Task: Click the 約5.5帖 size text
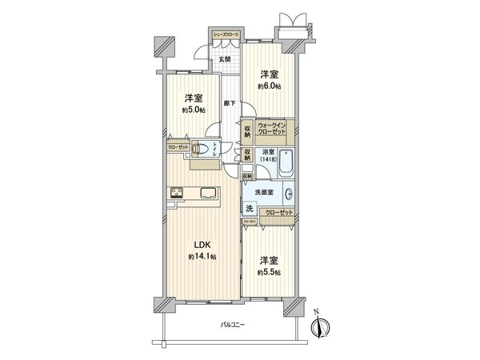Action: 268,272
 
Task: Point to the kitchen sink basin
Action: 206,192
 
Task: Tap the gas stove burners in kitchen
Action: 177,192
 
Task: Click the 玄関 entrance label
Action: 226,59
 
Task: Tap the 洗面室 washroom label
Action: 265,192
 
